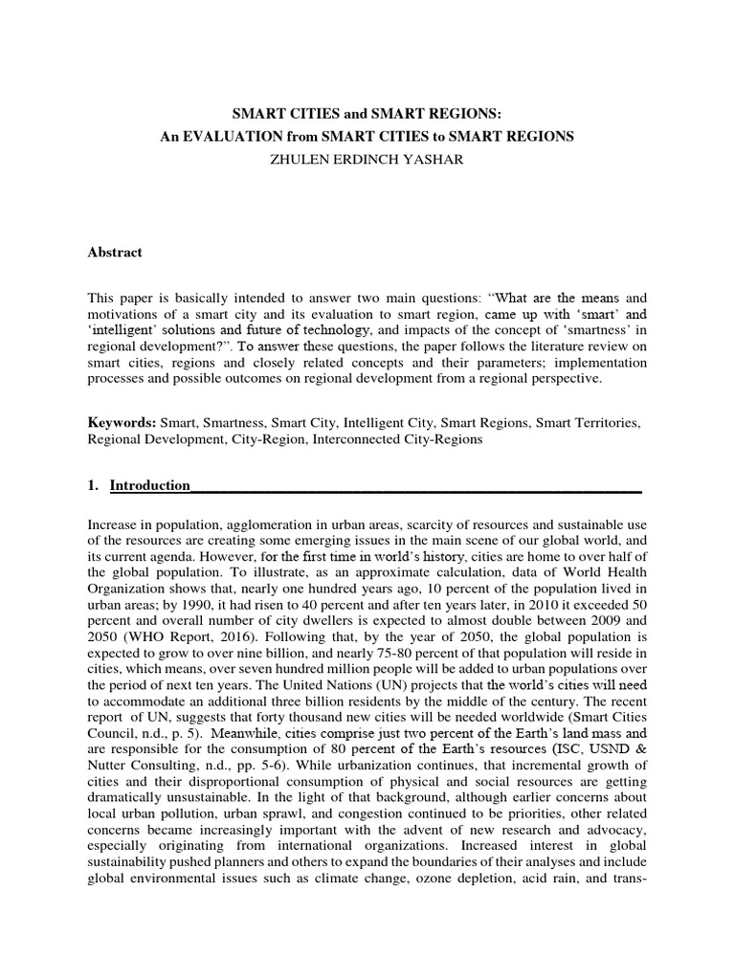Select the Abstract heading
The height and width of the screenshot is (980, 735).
(115, 253)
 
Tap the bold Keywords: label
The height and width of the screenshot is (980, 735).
(122, 422)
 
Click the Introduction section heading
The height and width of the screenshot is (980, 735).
(150, 485)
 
